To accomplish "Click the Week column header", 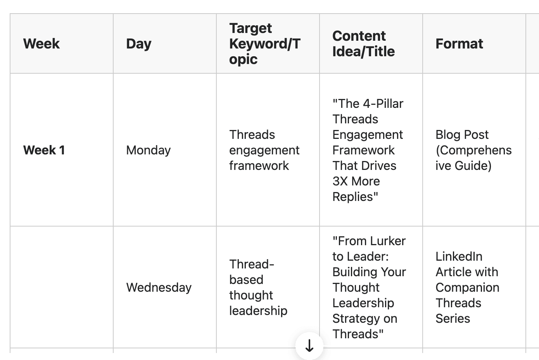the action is tap(41, 43).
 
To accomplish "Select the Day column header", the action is tap(139, 44).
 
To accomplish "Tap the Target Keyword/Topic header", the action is tap(265, 43).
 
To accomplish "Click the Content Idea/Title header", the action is tap(364, 43).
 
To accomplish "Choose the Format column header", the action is tap(459, 43).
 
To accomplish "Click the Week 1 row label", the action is tap(44, 150).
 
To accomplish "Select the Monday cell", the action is tap(149, 151).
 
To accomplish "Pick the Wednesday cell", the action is tap(159, 288).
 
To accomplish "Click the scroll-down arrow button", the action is tap(309, 346).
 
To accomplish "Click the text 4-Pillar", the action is tap(383, 104).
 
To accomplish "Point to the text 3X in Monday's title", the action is tap(340, 181).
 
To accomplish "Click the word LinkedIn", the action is tap(459, 256).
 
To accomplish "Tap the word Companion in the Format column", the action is tap(468, 288).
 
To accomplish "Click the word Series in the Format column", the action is tap(453, 318).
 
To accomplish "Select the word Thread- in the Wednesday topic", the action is tap(252, 264).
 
